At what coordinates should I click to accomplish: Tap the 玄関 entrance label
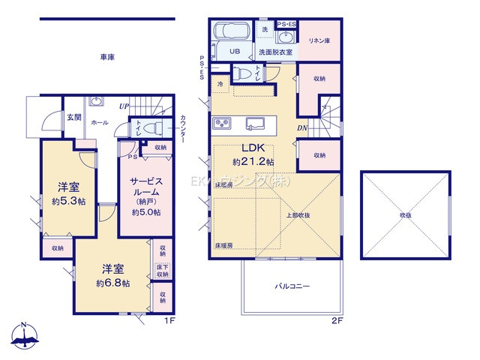click(x=73, y=117)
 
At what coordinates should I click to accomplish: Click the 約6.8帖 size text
click(x=113, y=283)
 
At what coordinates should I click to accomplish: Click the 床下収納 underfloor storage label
click(x=162, y=271)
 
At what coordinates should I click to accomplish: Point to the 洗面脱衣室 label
click(x=276, y=53)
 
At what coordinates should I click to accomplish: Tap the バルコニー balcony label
click(x=292, y=286)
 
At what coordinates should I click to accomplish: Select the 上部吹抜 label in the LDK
click(x=298, y=215)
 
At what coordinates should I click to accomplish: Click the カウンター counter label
click(x=182, y=127)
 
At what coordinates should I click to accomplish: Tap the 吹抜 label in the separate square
click(x=406, y=215)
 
